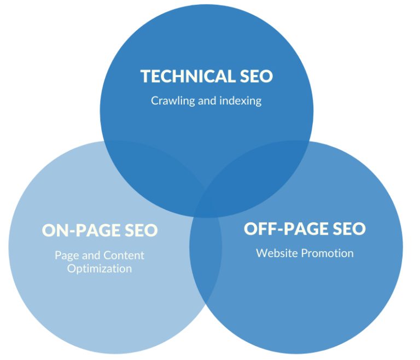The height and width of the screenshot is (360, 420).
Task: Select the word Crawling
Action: coord(172,101)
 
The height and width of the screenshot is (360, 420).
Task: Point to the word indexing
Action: coord(240,101)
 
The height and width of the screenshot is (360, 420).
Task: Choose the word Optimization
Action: coord(100,269)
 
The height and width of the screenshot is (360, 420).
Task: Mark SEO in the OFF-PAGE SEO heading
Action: coord(347,229)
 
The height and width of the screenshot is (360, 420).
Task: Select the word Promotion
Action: coord(329,253)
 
